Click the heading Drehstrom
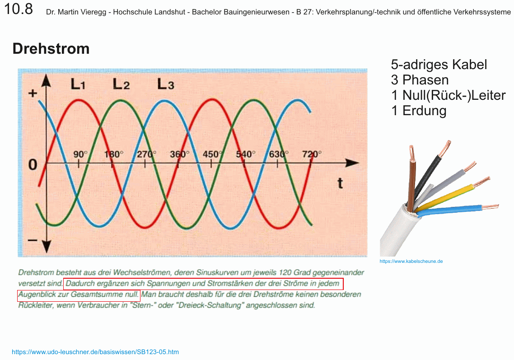point(51,48)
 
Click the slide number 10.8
point(19,9)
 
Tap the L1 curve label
point(78,84)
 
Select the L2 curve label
point(121,84)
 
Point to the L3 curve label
point(166,84)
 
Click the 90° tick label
point(80,154)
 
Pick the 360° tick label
point(179,154)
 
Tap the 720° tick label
point(312,154)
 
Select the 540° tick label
point(246,154)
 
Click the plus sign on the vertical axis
point(33,94)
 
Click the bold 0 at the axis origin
point(33,164)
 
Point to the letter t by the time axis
point(340,183)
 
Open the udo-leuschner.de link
point(95,352)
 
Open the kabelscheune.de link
point(411,262)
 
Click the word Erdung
point(425,111)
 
